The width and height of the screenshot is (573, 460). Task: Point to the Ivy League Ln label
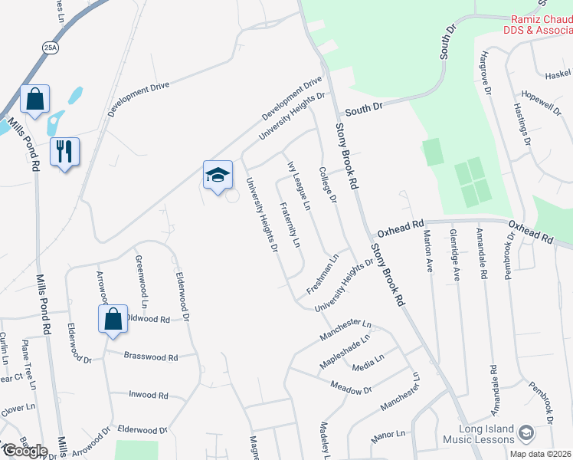pos(299,186)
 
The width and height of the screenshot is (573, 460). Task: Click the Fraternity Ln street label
pos(290,225)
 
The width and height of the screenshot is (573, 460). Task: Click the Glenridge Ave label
pos(454,255)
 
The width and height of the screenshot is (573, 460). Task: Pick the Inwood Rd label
pos(148,396)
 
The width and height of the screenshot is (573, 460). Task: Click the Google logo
pos(25,451)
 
